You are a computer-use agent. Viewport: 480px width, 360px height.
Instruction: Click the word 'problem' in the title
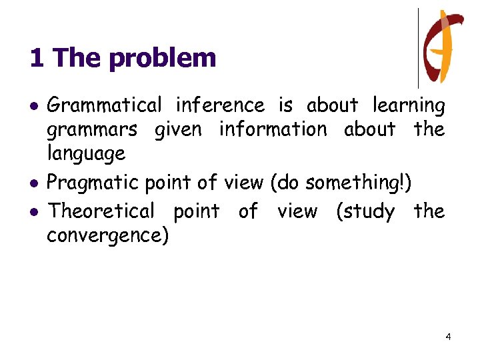(163, 59)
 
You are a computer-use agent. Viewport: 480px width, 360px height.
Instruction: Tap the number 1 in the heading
(37, 59)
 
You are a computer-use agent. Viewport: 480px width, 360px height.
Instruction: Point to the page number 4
(448, 337)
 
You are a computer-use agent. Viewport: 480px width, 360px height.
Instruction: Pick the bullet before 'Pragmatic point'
(33, 183)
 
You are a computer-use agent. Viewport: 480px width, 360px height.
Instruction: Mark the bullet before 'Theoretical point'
(33, 212)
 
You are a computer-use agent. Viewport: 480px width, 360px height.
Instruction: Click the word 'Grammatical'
(105, 105)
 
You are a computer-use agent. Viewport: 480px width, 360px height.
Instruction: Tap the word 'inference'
(220, 105)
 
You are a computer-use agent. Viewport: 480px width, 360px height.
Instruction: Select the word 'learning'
(409, 105)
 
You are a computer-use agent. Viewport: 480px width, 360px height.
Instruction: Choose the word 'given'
(178, 129)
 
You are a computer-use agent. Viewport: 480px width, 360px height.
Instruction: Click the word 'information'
(273, 129)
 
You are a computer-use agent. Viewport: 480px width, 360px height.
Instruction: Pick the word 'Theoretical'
(101, 211)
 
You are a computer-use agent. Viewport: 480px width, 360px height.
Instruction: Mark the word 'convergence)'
(107, 236)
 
